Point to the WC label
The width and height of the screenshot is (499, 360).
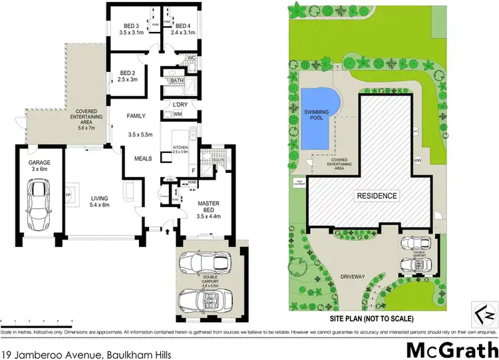pyautogui.click(x=191, y=58)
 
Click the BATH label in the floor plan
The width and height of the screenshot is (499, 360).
pyautogui.click(x=176, y=81)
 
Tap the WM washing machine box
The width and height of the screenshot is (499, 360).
pyautogui.click(x=177, y=115)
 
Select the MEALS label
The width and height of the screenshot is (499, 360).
pyautogui.click(x=144, y=159)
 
